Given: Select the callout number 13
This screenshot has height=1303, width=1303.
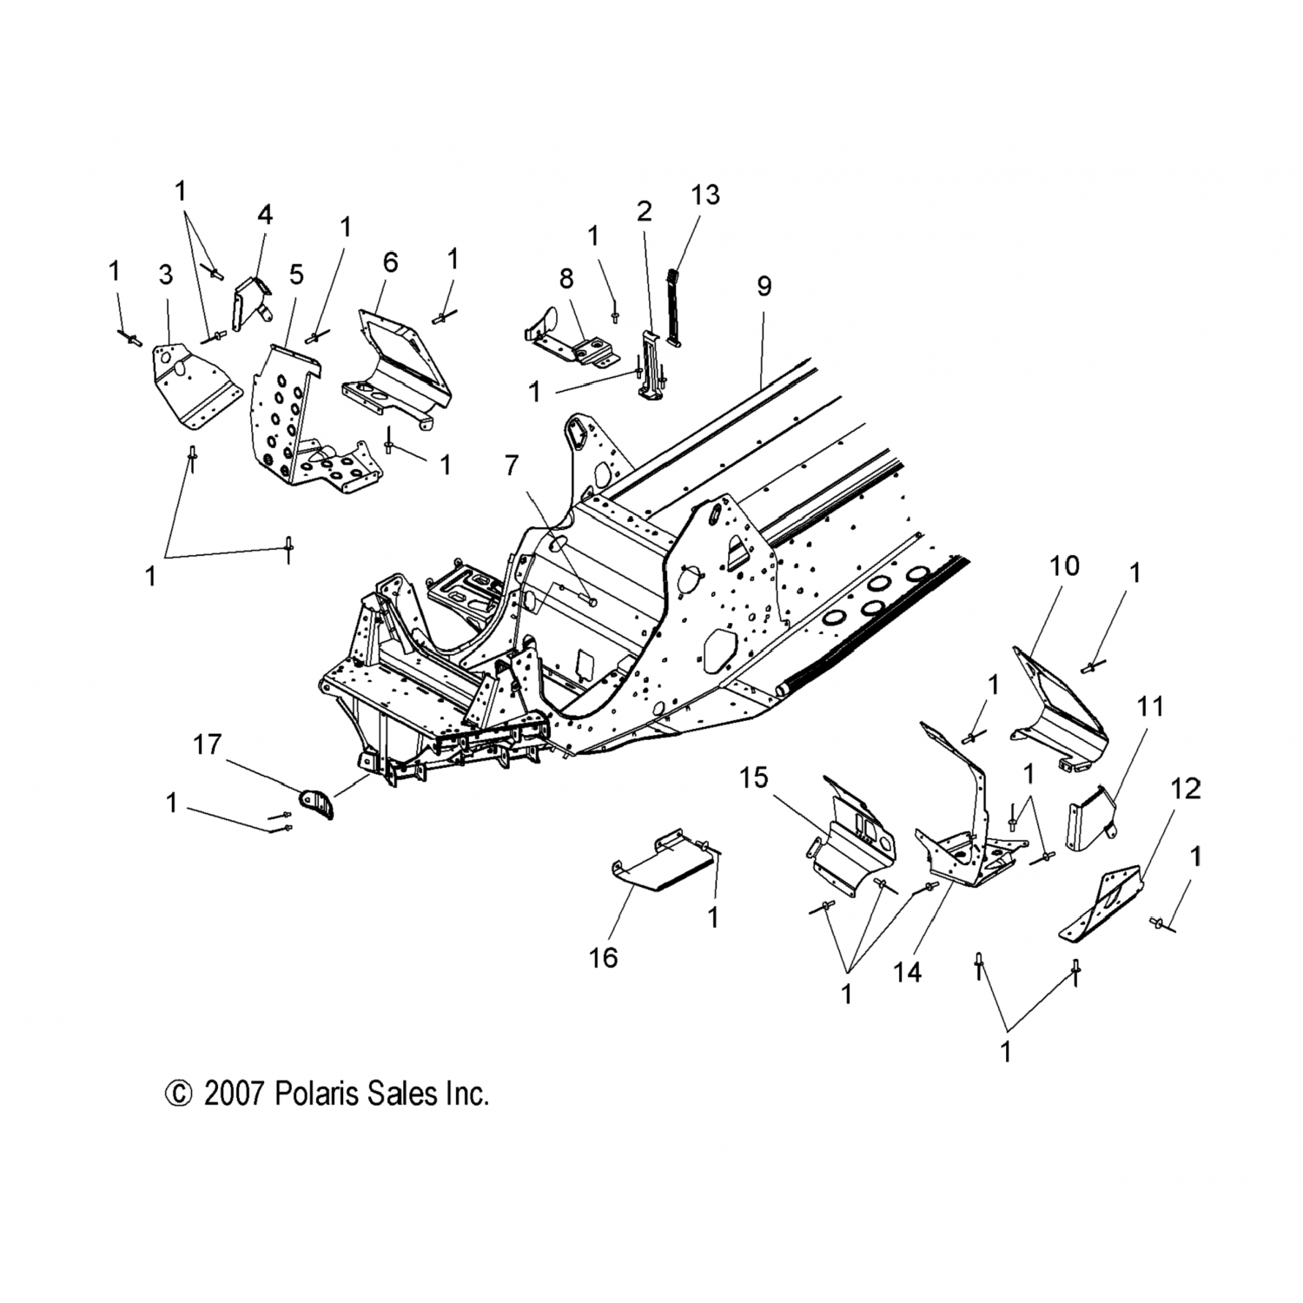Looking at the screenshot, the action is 705,195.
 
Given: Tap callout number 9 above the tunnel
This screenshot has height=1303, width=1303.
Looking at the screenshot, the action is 764,286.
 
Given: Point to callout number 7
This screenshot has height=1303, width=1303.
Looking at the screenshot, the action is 512,466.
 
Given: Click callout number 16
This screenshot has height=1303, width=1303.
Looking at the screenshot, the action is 604,957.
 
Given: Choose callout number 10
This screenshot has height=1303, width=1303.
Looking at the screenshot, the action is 1064,566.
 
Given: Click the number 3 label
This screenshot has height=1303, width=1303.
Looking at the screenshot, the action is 166,275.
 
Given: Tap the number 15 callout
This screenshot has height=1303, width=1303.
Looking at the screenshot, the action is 754,778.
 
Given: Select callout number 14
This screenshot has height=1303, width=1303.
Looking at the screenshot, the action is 907,973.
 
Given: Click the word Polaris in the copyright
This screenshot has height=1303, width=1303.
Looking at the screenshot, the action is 311,1093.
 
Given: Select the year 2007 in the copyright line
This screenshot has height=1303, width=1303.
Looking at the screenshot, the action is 234,1093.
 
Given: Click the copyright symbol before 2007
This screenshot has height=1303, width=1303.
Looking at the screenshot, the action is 177,1093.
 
